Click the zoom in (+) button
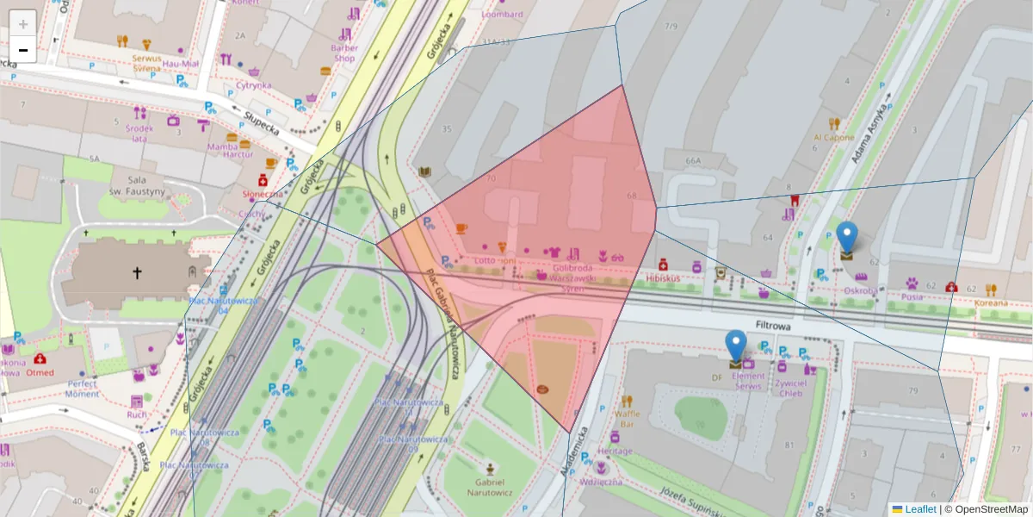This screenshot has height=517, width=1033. (23, 23)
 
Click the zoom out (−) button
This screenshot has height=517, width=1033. (23, 50)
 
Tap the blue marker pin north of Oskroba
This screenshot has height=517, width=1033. (847, 238)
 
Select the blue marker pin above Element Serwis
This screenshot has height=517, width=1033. (735, 346)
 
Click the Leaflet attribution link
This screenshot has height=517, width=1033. (919, 509)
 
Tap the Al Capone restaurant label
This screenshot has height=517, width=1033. (833, 137)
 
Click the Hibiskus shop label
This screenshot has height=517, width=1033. (663, 278)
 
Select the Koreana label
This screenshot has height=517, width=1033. (990, 302)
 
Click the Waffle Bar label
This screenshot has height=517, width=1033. (628, 419)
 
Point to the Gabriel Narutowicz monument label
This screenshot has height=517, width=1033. (489, 487)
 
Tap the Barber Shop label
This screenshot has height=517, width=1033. (344, 53)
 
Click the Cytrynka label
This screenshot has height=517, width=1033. (254, 85)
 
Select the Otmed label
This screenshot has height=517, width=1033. (40, 372)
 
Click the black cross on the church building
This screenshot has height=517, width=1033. (136, 273)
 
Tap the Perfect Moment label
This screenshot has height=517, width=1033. (83, 388)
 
